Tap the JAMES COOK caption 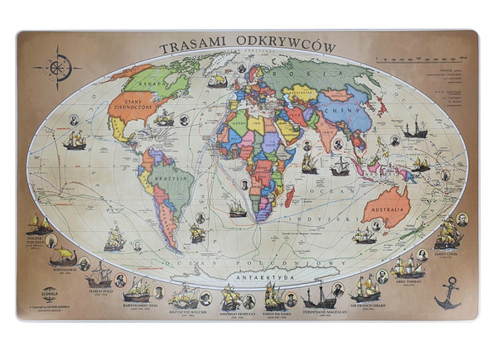[x=447, y=253]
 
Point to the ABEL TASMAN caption [x=407, y=281]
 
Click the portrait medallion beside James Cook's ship [x=462, y=219]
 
